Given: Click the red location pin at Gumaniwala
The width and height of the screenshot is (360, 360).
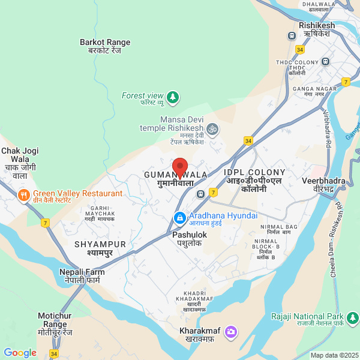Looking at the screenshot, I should point(180,166).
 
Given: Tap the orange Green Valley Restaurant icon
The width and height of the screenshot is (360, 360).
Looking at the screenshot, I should point(23,195).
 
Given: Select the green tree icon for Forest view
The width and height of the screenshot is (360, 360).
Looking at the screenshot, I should point(173,96).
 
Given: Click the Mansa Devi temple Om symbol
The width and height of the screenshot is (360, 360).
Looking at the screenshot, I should point(212,128).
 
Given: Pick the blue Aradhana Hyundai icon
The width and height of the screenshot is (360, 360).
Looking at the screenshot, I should point(179,217).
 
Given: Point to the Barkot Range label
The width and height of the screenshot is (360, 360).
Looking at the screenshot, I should point(105,46).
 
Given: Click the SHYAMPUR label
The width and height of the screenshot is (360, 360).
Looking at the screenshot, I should point(100,248).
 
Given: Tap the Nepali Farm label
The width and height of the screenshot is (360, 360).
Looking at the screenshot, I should point(82,276).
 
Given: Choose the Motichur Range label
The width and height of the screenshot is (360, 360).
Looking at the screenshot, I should point(55,324).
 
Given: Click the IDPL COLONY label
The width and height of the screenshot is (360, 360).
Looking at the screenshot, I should point(254,176).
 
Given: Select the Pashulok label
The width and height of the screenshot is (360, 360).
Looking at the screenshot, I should point(190,239).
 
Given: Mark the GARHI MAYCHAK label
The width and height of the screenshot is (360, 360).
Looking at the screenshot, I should point(100,214).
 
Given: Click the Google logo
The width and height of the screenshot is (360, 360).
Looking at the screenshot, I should point(20,353).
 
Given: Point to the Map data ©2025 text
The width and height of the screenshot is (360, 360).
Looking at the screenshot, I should point(334,355).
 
